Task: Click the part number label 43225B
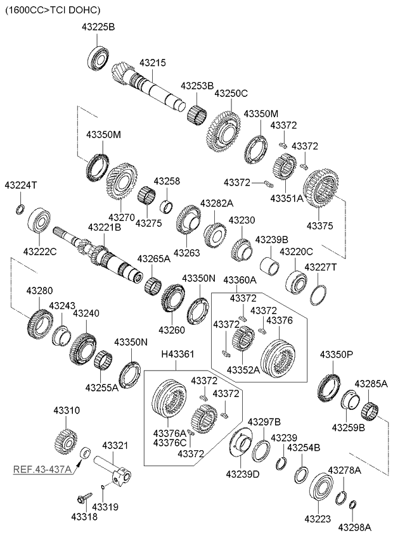click(98, 27)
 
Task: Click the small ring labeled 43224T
click(20, 210)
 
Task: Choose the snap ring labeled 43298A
click(353, 505)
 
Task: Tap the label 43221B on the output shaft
click(105, 227)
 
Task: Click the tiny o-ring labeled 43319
click(103, 487)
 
